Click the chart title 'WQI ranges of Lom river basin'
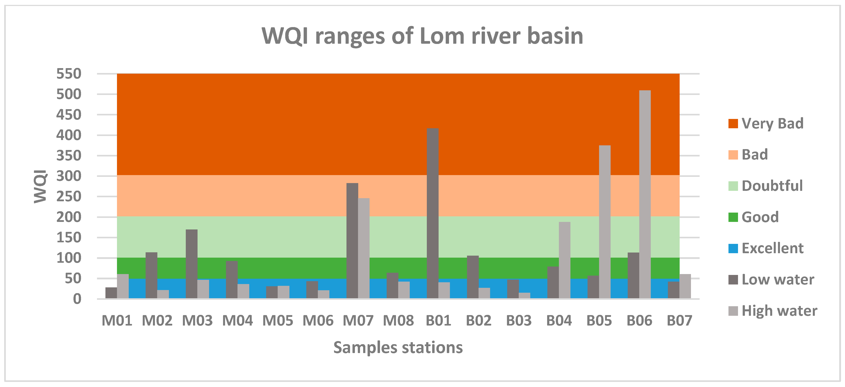click(x=422, y=36)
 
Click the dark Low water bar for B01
click(x=432, y=213)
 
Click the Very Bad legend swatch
click(x=733, y=124)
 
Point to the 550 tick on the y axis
click(x=69, y=74)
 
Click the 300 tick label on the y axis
click(x=69, y=176)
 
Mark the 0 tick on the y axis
click(x=77, y=299)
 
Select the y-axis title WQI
click(x=41, y=186)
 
